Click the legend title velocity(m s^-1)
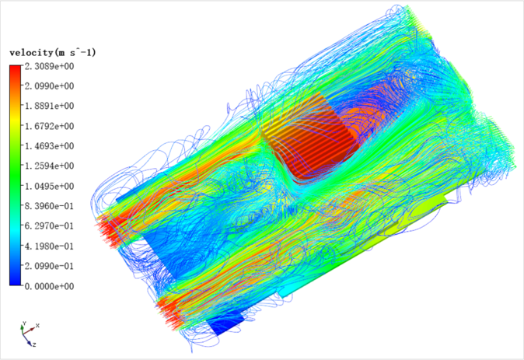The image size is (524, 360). coord(52,53)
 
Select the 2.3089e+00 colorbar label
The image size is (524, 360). coord(50,66)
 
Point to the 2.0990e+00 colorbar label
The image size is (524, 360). coord(50,86)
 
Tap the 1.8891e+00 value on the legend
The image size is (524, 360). coord(50,106)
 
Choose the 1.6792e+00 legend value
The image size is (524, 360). coord(50,126)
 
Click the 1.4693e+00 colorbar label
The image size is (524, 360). coord(50,146)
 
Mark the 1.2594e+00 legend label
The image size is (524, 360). coord(50,166)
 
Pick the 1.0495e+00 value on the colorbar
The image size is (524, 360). coord(50,186)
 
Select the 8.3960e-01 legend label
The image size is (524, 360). coord(50,206)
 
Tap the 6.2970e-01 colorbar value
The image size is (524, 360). coord(50,226)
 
